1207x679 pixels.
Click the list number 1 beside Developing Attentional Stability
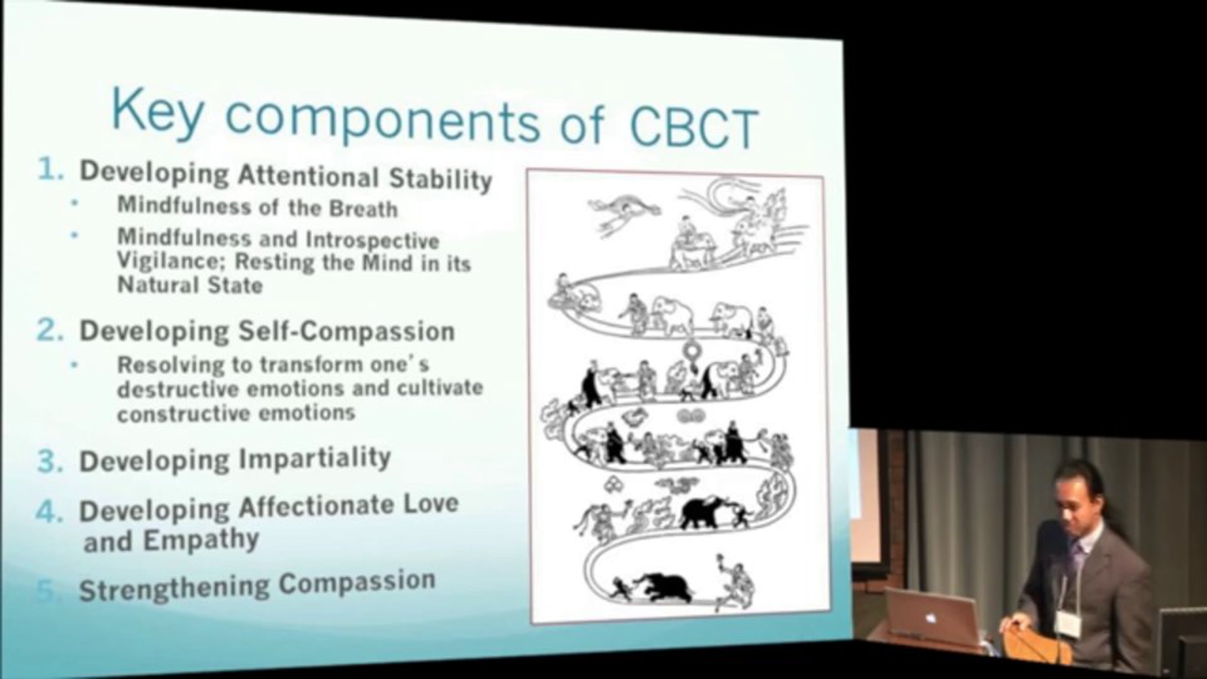coord(50,169)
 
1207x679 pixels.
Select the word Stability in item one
coord(441,179)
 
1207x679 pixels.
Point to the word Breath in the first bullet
coord(363,208)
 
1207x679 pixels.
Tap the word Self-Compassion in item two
coord(347,331)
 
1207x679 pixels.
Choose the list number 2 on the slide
coord(50,331)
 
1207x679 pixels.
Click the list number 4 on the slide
coord(49,512)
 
